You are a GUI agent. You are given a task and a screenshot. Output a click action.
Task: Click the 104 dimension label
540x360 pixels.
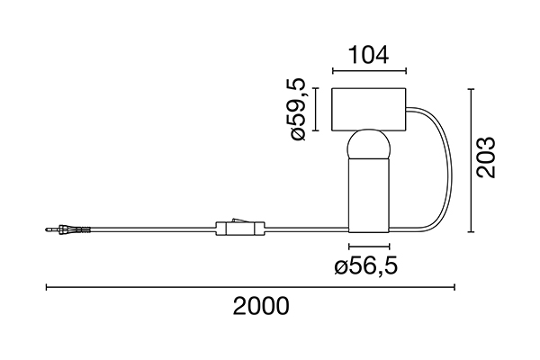pyautogui.click(x=368, y=55)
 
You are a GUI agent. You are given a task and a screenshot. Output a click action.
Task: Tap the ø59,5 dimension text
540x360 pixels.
pyautogui.click(x=298, y=109)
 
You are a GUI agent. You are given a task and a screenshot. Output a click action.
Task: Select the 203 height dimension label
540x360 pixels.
pyautogui.click(x=486, y=157)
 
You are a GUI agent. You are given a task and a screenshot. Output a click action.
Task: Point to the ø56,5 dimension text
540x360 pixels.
pyautogui.click(x=365, y=266)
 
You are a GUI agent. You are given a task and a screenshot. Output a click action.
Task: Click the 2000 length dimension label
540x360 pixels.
pyautogui.click(x=261, y=306)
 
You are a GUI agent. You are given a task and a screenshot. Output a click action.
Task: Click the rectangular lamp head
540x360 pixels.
pyautogui.click(x=368, y=110)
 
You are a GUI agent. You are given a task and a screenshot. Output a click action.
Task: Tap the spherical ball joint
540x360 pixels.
pyautogui.click(x=368, y=145)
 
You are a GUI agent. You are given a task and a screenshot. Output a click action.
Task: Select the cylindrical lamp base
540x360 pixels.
pyautogui.click(x=369, y=195)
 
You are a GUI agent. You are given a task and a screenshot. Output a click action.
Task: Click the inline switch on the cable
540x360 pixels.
pyautogui.click(x=240, y=228)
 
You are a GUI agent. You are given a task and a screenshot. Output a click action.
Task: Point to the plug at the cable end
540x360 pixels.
pyautogui.click(x=67, y=229)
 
